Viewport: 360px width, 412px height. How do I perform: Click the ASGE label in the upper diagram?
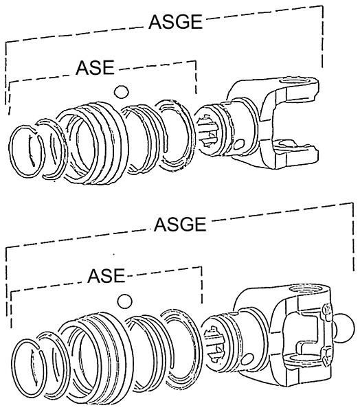[x=175, y=22]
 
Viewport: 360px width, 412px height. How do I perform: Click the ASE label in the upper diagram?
[x=95, y=67]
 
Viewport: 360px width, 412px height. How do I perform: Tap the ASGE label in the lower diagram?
[x=180, y=225]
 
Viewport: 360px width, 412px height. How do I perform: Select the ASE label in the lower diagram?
[x=106, y=276]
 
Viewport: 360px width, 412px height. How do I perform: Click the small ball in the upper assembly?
[x=122, y=92]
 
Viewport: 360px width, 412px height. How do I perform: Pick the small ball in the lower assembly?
[x=124, y=301]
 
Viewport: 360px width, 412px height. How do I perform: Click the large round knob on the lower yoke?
[x=344, y=328]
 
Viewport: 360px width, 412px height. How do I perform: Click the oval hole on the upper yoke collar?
[x=239, y=144]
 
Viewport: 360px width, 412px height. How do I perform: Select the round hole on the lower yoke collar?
[x=247, y=359]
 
